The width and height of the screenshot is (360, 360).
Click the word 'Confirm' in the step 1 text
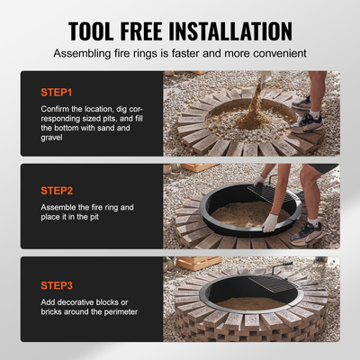coord(58,110)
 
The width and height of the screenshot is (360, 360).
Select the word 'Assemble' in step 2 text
coord(64,208)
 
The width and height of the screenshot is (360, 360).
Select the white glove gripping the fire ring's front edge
coord(270,222)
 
